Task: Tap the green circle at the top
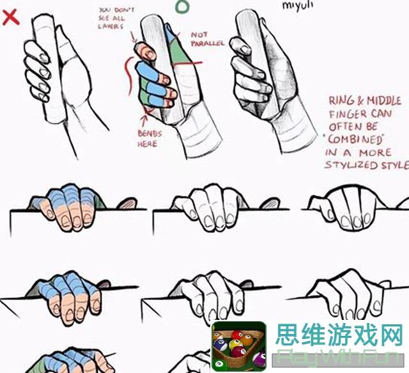point(183,6)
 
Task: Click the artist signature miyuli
point(298,5)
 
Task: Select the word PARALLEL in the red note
point(208,43)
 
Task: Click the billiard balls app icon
point(238,346)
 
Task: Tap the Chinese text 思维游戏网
point(339,335)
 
